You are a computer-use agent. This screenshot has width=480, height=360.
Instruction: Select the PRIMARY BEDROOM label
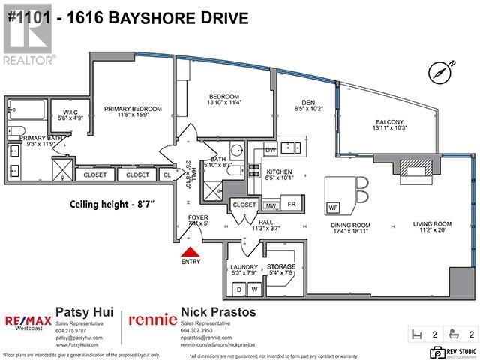click(132, 108)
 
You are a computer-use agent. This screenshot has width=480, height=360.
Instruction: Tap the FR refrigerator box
click(292, 204)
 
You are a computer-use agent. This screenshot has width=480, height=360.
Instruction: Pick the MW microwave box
click(270, 204)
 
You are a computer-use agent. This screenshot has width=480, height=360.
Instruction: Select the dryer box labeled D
click(238, 288)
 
